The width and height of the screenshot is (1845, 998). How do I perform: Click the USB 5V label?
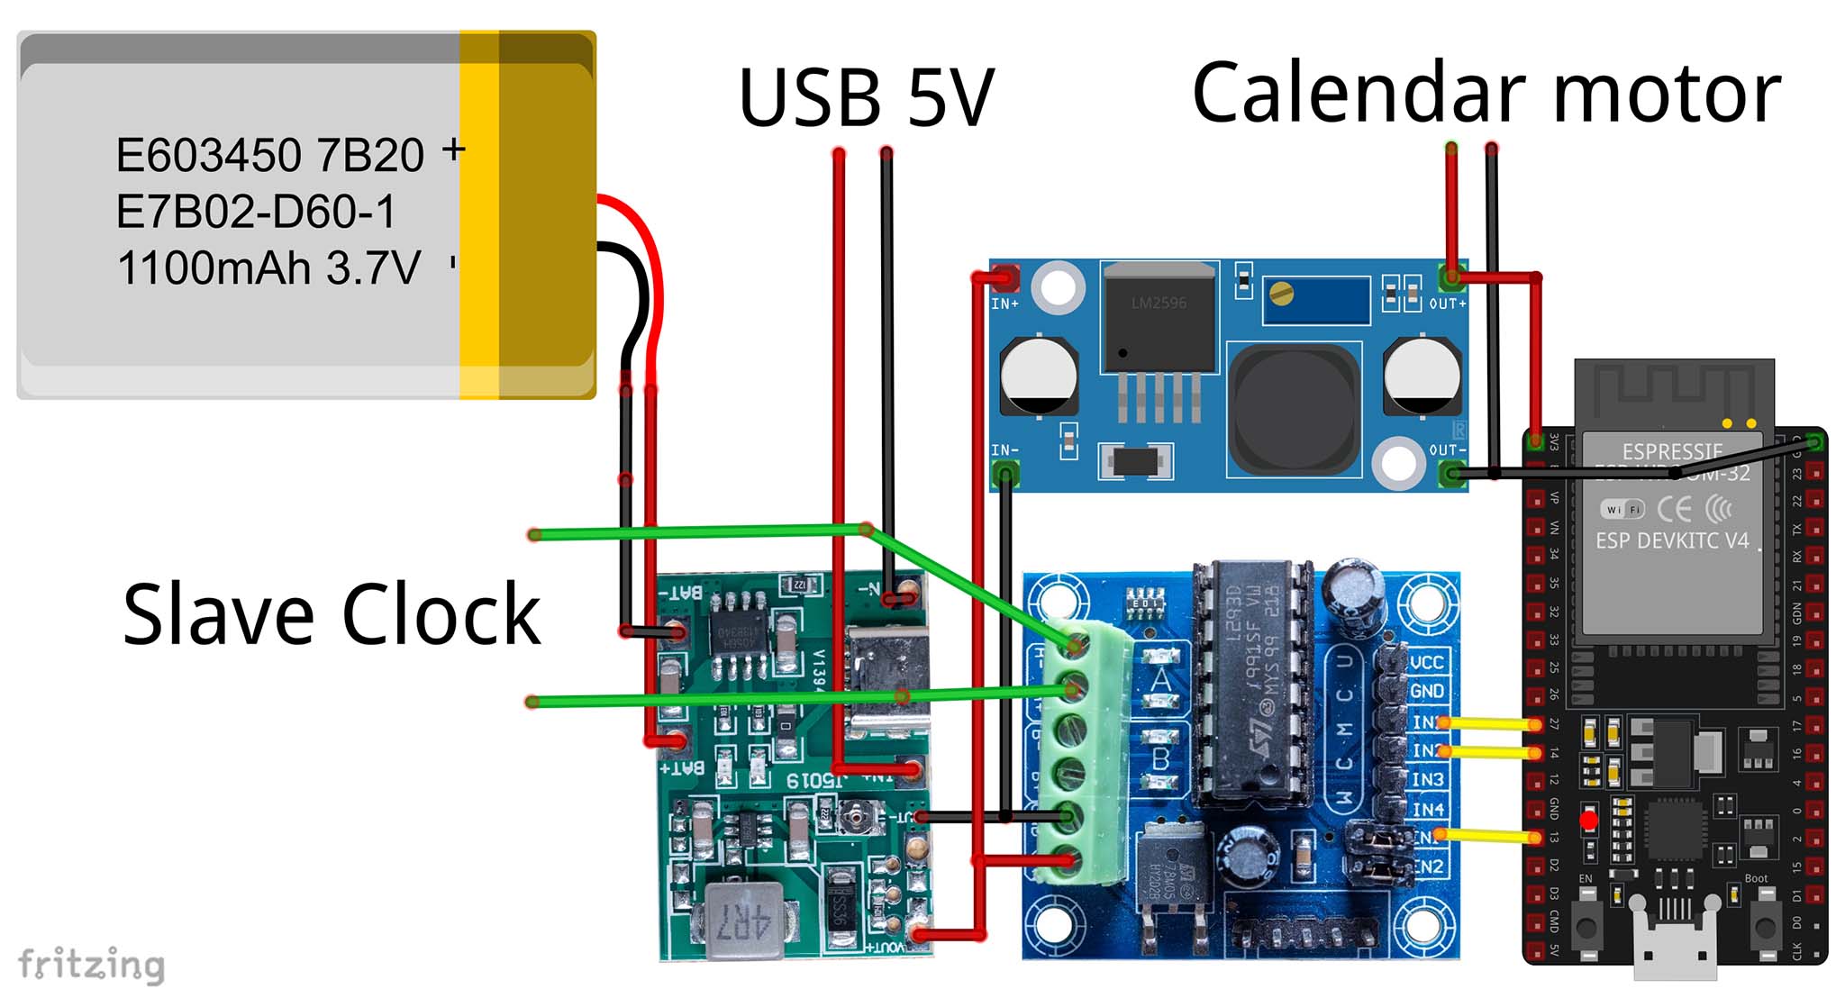[866, 96]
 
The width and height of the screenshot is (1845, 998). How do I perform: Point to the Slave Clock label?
[331, 614]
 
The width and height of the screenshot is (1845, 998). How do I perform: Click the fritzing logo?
[91, 965]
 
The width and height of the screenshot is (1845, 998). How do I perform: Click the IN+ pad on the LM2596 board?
[1005, 278]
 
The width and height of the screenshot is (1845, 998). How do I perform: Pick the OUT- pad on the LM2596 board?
[1450, 473]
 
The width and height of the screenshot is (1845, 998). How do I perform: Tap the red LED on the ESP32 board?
[1588, 821]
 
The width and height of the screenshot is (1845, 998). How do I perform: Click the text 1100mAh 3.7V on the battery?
[268, 268]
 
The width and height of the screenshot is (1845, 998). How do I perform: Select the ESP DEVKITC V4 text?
[1672, 540]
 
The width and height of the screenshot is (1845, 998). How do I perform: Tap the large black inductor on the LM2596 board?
[1294, 410]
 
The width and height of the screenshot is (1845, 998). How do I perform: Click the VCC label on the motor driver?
[1426, 663]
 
